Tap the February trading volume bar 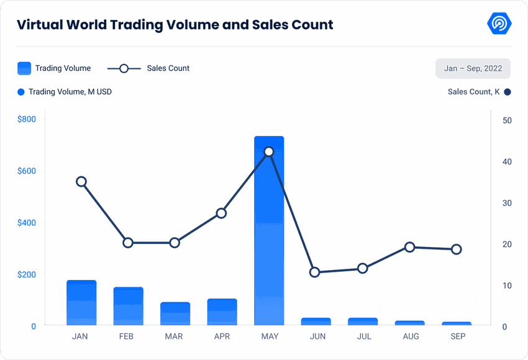[x=129, y=307]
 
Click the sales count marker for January [x=81, y=182]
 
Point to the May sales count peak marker [x=269, y=151]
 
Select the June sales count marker [x=315, y=272]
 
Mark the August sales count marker [x=409, y=247]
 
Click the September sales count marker [x=457, y=250]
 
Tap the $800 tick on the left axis [x=27, y=119]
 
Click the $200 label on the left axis [x=27, y=274]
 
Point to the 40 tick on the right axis [x=507, y=162]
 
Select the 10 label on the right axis [x=507, y=286]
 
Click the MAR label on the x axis [x=174, y=336]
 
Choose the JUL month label [x=364, y=336]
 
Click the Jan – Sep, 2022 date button [x=473, y=68]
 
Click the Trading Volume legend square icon [x=24, y=68]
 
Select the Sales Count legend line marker [x=124, y=68]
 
